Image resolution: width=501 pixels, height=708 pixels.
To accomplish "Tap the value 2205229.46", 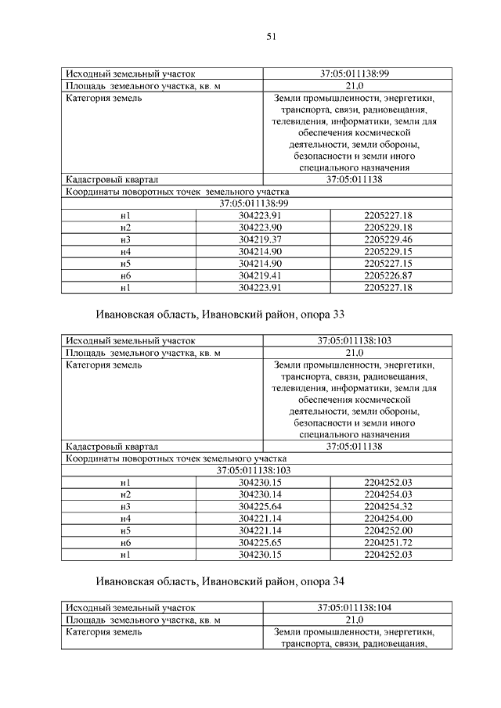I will tap(388, 239).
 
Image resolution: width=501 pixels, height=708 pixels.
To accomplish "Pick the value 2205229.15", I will tap(388, 251).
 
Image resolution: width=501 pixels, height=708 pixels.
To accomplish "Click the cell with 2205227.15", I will tap(388, 264).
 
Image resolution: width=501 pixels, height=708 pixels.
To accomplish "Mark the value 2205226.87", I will tap(388, 275).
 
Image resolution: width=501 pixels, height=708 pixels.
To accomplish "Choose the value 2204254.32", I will tap(388, 506).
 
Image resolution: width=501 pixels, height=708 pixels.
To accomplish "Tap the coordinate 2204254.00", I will tap(388, 519).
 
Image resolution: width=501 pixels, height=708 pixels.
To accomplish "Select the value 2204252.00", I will tap(388, 530).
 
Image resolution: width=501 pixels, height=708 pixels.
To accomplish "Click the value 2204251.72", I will tap(388, 543).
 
